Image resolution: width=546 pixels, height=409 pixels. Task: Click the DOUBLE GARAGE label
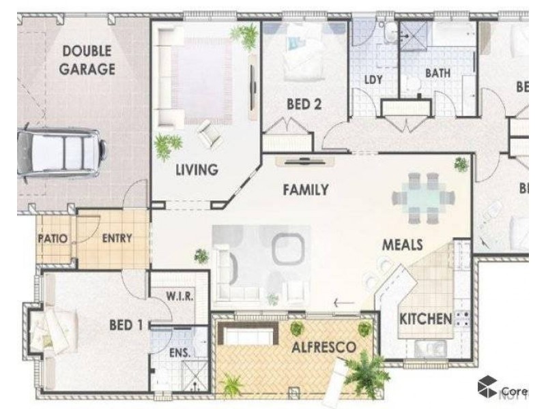pyautogui.click(x=89, y=59)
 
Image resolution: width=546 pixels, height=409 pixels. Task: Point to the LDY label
pyautogui.click(x=373, y=80)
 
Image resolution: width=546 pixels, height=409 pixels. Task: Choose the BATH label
pyautogui.click(x=437, y=73)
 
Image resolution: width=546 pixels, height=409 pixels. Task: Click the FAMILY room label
pyautogui.click(x=306, y=190)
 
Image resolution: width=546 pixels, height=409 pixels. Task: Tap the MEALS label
pyautogui.click(x=402, y=244)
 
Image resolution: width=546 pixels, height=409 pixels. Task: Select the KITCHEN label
pyautogui.click(x=425, y=318)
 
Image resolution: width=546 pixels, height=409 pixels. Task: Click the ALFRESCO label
pyautogui.click(x=324, y=347)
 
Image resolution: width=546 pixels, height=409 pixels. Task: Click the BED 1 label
pyautogui.click(x=126, y=325)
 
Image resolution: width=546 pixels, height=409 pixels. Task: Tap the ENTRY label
pyautogui.click(x=117, y=238)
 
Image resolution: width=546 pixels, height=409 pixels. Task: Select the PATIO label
pyautogui.click(x=53, y=239)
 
